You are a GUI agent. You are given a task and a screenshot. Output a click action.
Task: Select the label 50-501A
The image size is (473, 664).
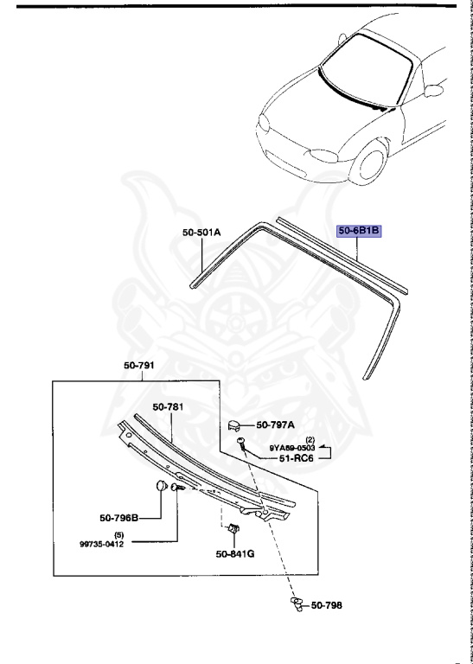201,232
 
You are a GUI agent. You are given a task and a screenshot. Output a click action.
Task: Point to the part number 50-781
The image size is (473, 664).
170,406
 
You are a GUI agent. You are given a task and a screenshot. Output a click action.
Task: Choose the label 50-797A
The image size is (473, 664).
276,425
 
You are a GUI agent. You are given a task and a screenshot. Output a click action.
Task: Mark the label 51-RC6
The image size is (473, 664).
290,458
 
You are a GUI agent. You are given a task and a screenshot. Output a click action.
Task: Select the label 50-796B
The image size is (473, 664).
118,518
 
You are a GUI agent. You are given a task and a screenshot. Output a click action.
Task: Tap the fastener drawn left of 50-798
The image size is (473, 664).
295,605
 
